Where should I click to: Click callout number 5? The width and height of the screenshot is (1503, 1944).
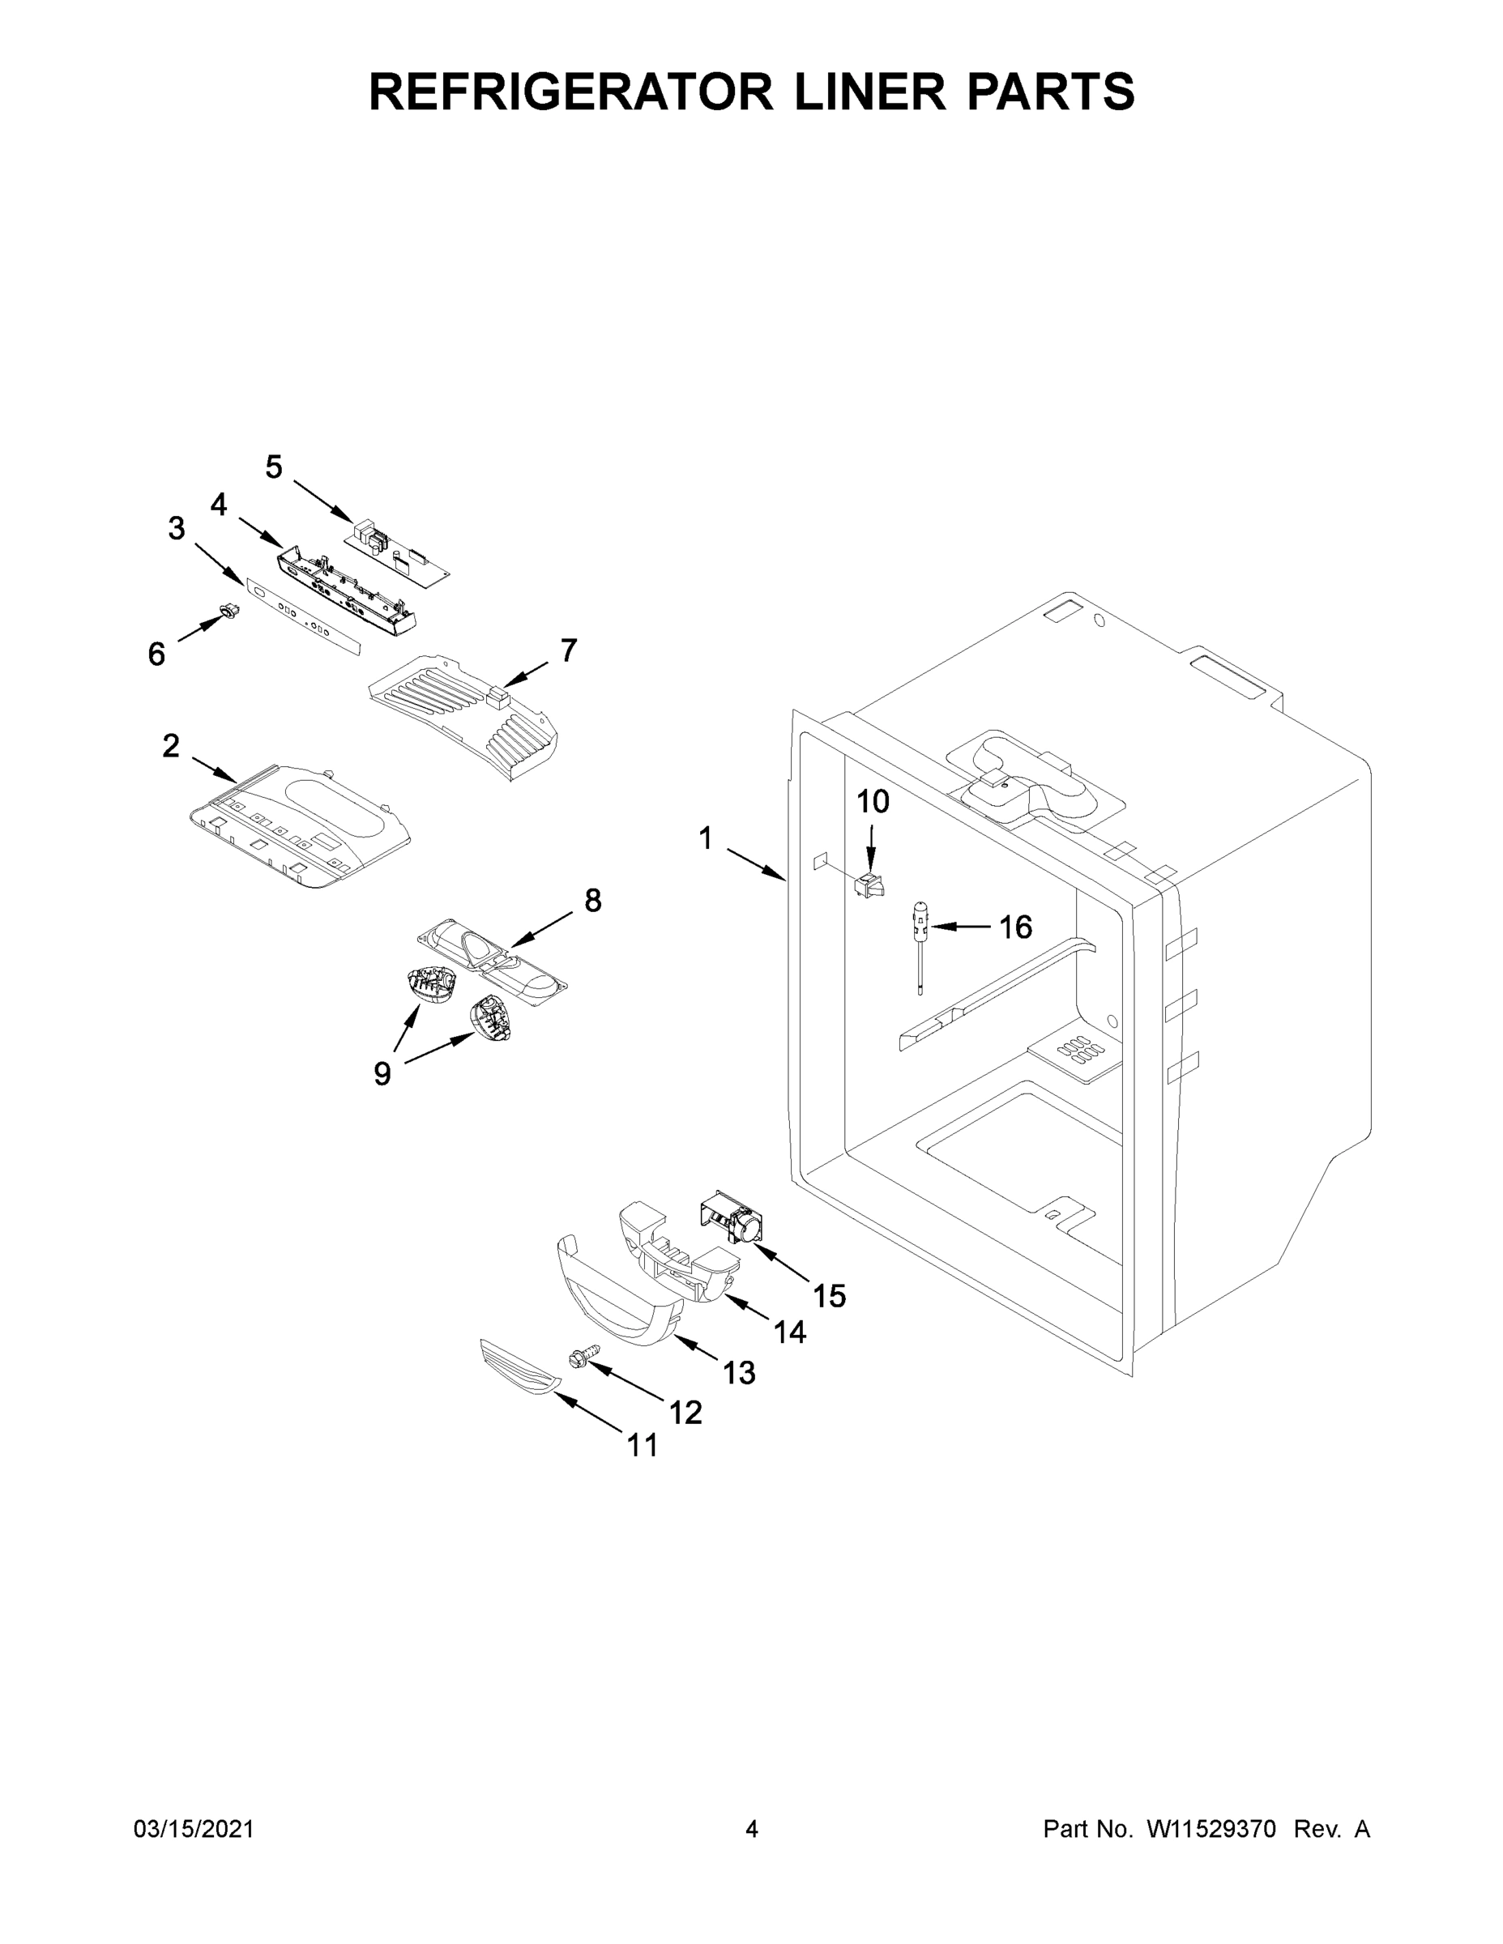(x=273, y=467)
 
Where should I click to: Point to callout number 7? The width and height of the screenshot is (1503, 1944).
(x=568, y=650)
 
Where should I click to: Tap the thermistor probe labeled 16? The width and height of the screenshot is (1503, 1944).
(x=919, y=944)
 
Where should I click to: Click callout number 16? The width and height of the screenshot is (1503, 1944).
(x=1015, y=927)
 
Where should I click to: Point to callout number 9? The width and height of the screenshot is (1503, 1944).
(x=381, y=1074)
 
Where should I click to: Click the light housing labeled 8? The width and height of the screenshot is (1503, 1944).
(x=493, y=965)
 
